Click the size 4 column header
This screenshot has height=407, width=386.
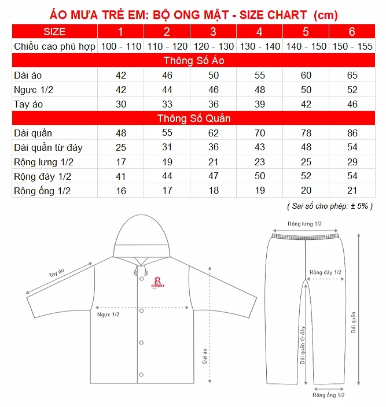coord(259,31)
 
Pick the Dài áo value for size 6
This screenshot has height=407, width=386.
coord(352,75)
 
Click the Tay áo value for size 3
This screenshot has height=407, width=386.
coord(213,104)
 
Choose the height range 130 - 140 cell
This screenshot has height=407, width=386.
coord(259,46)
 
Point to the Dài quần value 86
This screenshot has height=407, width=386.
coord(352,134)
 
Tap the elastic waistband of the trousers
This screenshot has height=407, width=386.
coord(305,235)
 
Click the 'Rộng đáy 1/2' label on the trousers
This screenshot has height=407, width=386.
coord(325,272)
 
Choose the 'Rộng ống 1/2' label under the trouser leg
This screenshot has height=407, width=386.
coord(329,395)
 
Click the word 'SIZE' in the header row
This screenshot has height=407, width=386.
coord(55,31)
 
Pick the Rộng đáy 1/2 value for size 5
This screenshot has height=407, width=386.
coord(306,177)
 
